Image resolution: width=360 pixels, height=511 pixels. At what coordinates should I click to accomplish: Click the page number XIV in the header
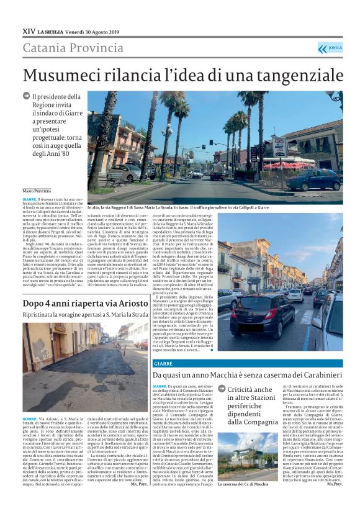(29, 30)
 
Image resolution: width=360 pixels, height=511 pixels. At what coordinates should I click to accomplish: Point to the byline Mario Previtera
(37, 190)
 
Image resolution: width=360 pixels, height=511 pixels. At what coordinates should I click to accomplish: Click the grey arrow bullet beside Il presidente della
(26, 96)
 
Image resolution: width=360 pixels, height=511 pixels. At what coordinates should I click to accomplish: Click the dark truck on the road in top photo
(218, 173)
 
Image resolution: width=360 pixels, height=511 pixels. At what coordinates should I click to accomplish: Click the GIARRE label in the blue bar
(163, 363)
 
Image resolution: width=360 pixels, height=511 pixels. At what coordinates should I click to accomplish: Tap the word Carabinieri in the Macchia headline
(310, 376)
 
